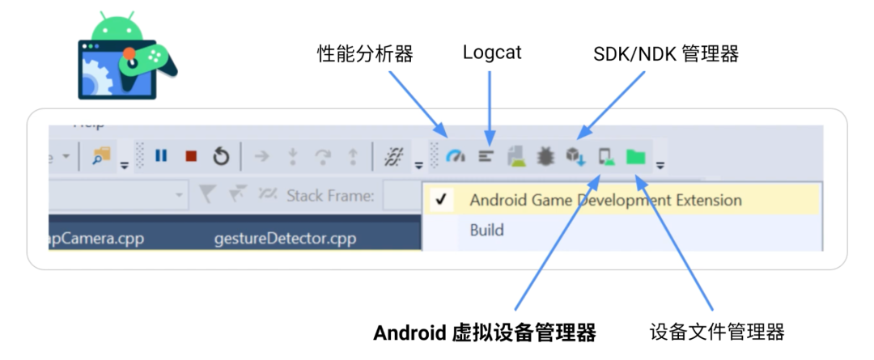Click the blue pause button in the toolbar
[x=161, y=155]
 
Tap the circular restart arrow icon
[x=221, y=156]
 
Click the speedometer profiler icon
[x=456, y=156]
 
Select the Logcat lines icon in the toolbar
[x=486, y=156]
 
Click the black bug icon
[x=545, y=156]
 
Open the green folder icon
[x=636, y=156]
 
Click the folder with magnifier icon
[x=101, y=156]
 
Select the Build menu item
[x=486, y=230]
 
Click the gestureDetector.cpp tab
[x=285, y=239]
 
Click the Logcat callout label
[x=492, y=53]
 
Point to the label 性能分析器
[x=365, y=54]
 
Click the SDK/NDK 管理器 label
[x=666, y=54]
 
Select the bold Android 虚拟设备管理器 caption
[x=485, y=332]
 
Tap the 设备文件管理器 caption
[x=717, y=332]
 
